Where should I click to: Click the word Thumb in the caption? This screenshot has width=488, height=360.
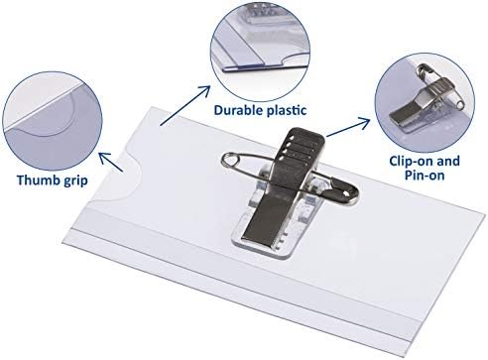[x=38, y=180]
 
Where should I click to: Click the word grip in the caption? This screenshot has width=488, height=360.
[x=74, y=181]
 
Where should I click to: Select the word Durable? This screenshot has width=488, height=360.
[x=238, y=110]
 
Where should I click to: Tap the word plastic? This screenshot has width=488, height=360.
[x=287, y=110]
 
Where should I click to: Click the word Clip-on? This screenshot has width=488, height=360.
[x=411, y=161]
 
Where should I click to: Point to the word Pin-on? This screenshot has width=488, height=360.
[x=425, y=175]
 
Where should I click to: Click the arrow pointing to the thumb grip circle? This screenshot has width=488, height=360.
[x=111, y=162]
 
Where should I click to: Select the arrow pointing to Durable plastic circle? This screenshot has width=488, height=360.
[x=185, y=105]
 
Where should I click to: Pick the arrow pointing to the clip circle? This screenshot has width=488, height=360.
[x=348, y=126]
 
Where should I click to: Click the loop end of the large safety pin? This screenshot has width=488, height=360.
[x=231, y=161]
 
